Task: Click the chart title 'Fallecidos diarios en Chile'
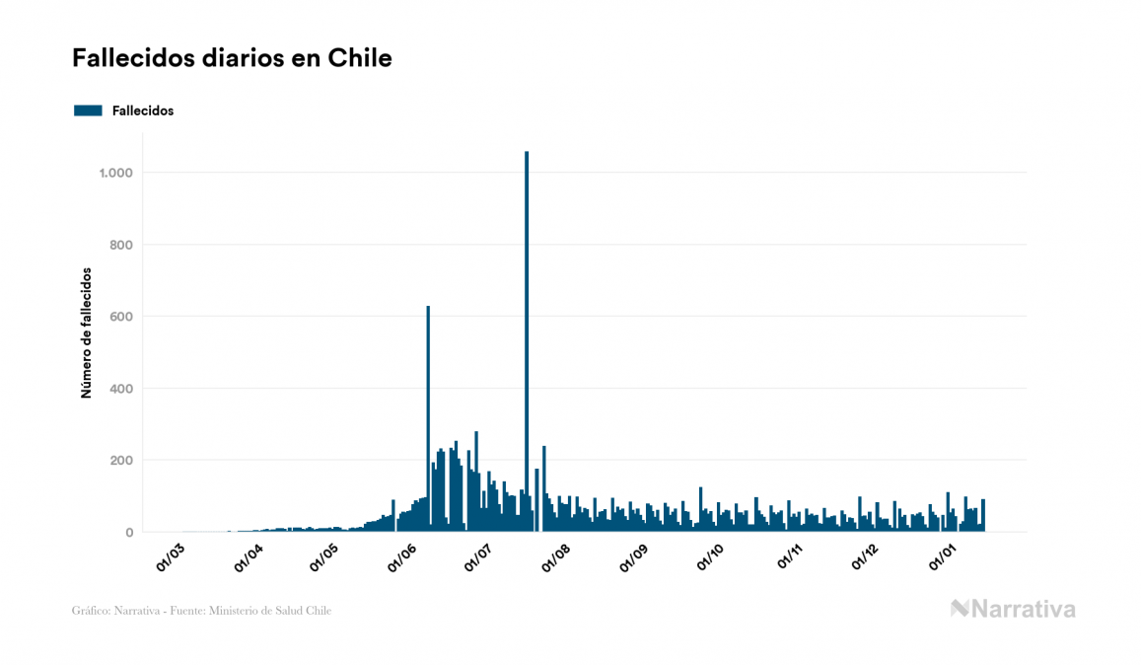click(232, 58)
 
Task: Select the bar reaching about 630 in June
click(428, 414)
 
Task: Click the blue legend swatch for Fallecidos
click(88, 111)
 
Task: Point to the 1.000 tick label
click(115, 173)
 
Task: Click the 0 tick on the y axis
click(129, 533)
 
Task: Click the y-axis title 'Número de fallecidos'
click(86, 332)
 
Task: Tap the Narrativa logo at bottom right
click(1013, 609)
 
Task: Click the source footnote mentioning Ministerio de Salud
click(201, 611)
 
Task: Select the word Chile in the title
click(366, 58)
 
